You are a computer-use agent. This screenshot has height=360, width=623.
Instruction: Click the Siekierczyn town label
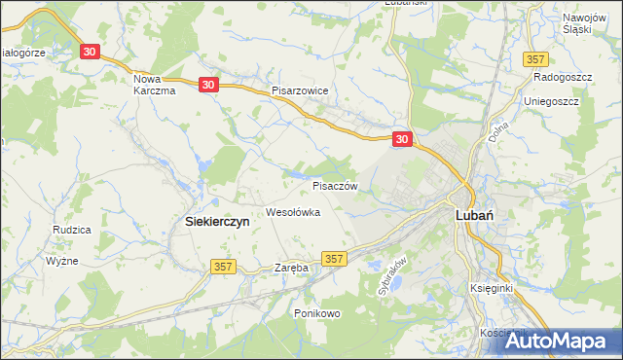[217, 221]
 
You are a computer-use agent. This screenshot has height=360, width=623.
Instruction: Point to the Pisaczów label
[336, 185]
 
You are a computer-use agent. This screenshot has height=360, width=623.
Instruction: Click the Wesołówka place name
[293, 212]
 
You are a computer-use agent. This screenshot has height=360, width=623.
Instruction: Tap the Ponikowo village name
[316, 313]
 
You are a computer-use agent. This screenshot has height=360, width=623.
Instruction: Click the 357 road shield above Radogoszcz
[535, 59]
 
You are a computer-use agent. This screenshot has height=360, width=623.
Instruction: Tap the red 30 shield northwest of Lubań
[403, 140]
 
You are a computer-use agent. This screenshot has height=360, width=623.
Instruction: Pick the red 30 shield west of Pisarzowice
[209, 86]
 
